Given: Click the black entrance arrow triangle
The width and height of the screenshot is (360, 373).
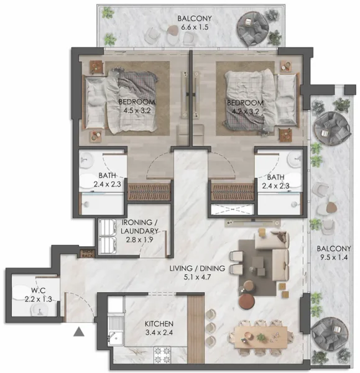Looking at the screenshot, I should pyautogui.click(x=78, y=333).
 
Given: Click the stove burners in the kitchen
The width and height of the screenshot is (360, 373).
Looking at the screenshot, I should pyautogui.click(x=163, y=356).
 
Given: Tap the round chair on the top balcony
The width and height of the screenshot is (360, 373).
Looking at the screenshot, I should pyautogui.click(x=253, y=27).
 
